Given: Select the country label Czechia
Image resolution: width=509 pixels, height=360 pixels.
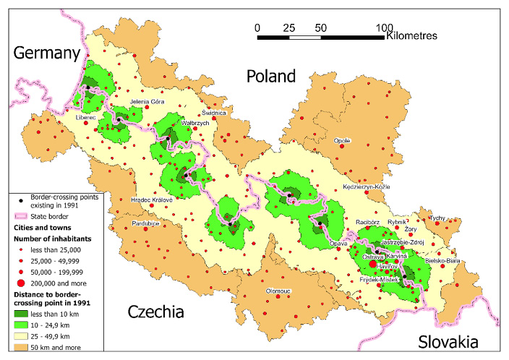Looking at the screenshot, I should (x=155, y=312).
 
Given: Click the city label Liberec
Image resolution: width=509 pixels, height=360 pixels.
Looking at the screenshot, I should (x=86, y=116).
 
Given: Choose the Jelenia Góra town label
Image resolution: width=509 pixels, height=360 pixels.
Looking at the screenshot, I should (x=147, y=102).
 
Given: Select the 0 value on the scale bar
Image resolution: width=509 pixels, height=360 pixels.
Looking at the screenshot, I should (x=257, y=27).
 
